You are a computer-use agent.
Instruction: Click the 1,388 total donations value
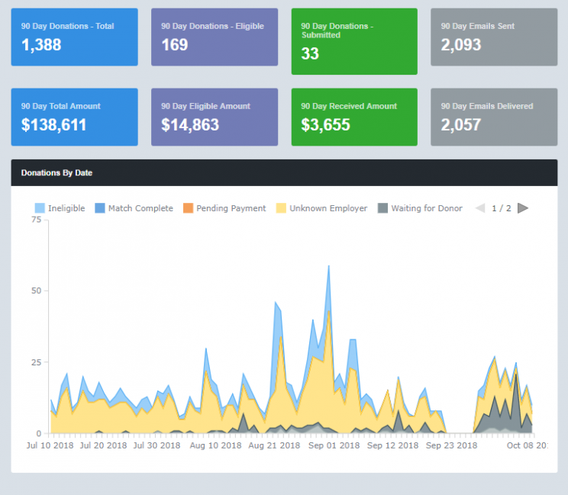tap(41, 45)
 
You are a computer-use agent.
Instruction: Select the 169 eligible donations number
tap(175, 45)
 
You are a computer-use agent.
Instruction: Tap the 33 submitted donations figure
tap(310, 54)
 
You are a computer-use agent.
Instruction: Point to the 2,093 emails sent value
tap(461, 45)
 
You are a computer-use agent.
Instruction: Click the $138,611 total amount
tap(53, 125)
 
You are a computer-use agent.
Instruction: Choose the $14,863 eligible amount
tap(190, 125)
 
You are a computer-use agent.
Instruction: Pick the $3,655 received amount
tap(325, 125)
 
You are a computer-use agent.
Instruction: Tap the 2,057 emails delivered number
tap(461, 125)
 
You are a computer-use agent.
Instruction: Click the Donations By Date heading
tap(56, 173)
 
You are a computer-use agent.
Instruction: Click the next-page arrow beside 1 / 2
tap(523, 208)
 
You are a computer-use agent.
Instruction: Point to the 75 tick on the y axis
tap(36, 220)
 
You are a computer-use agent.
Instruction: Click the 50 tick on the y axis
tap(36, 291)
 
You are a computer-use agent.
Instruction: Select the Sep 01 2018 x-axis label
tap(334, 445)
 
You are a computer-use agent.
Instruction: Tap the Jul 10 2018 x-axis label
tap(51, 445)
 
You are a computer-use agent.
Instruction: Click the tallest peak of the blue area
tap(329, 267)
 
